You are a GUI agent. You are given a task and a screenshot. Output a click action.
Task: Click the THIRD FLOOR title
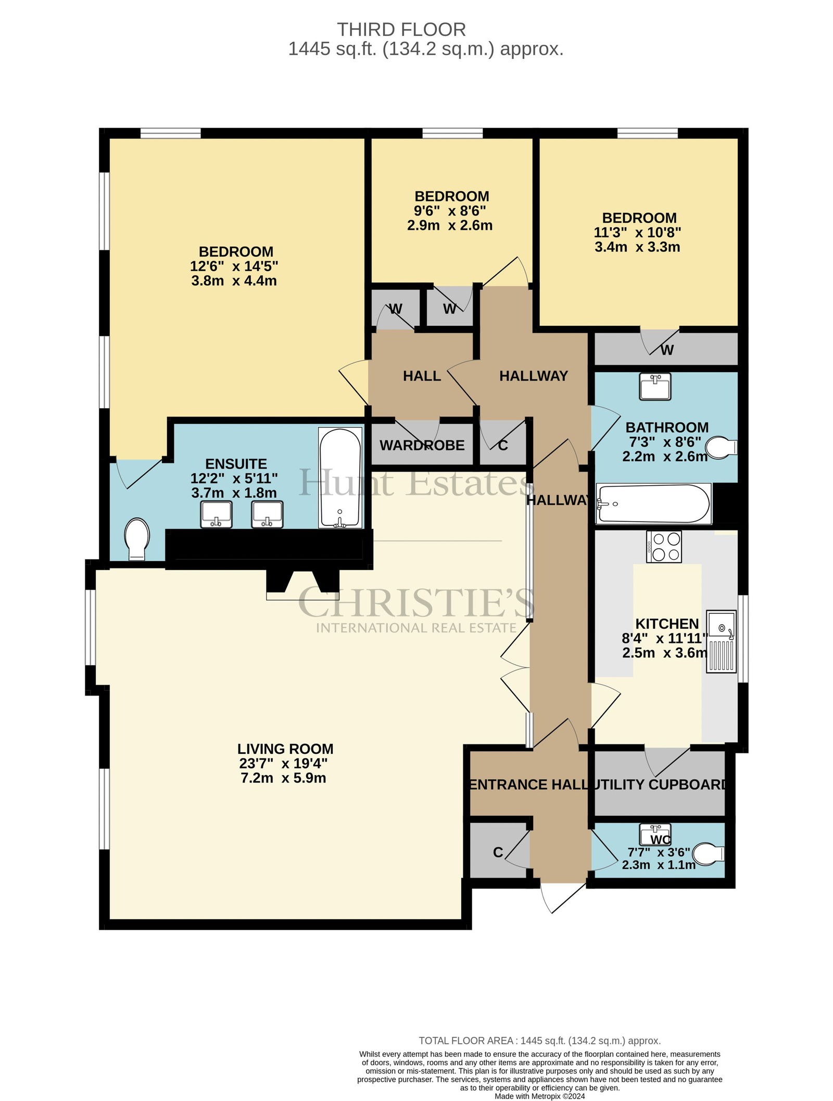pos(401,29)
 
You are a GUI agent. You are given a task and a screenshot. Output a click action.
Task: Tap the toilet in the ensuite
pos(137,539)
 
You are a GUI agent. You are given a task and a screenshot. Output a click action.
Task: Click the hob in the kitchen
pos(664,547)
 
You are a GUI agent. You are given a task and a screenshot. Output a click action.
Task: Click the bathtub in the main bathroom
pos(654,503)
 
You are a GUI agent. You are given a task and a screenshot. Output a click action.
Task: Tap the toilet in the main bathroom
pos(724,447)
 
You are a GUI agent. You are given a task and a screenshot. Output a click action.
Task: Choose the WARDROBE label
pos(422,445)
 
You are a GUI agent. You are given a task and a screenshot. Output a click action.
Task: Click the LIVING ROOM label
pos(285,749)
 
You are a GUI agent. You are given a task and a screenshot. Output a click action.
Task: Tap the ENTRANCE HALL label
pos(529,784)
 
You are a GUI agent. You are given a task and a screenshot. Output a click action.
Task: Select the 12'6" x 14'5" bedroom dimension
pos(234,266)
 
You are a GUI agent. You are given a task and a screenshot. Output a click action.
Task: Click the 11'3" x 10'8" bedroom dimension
pos(638,232)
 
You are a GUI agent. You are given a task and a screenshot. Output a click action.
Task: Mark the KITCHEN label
pos(667,624)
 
